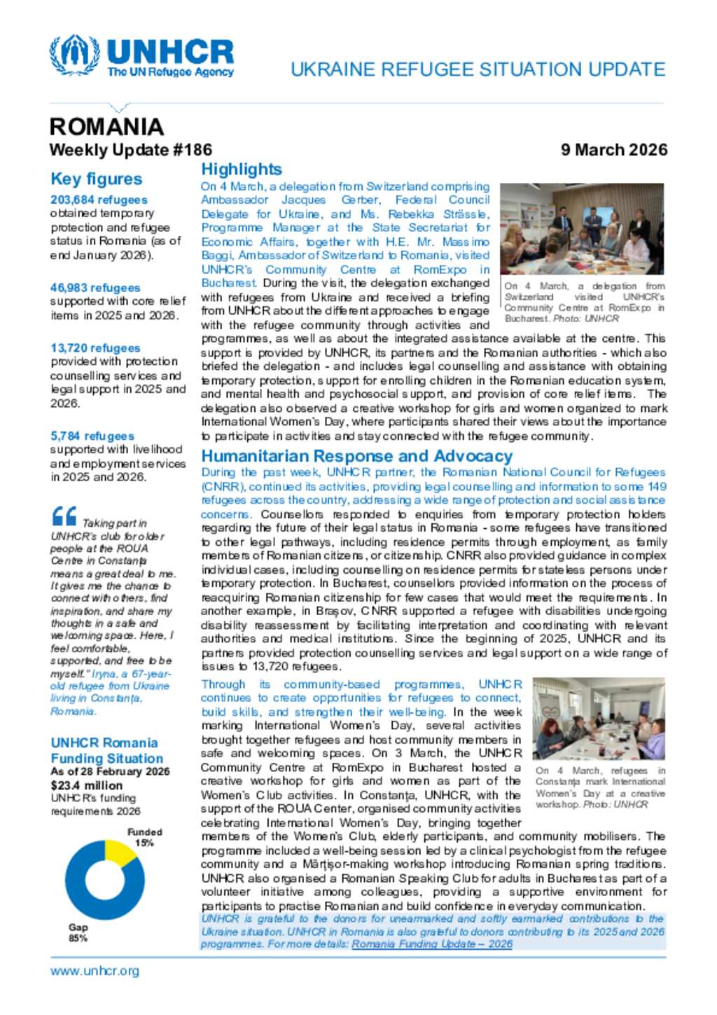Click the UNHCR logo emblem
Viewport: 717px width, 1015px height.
point(74,55)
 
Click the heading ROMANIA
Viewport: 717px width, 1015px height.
point(106,127)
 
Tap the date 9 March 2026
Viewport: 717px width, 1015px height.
point(613,150)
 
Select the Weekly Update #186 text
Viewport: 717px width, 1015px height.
point(130,150)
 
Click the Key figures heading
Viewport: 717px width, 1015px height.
point(96,179)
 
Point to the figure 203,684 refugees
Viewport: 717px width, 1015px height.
point(99,200)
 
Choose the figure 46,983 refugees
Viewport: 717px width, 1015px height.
point(95,288)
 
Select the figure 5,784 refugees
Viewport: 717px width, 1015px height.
point(92,436)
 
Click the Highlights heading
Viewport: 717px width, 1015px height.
point(242,170)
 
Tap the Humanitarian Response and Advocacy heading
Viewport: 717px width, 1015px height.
point(357,456)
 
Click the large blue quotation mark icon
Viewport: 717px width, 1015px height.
point(64,517)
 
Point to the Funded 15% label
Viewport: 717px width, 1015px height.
point(144,838)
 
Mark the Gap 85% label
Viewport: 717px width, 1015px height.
point(78,932)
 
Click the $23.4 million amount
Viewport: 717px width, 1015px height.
point(86,785)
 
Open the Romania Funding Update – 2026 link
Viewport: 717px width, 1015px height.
point(432,944)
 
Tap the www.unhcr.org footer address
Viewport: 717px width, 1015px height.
point(95,971)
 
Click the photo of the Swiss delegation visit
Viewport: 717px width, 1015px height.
point(582,229)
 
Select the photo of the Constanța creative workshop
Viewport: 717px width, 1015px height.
point(599,719)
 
